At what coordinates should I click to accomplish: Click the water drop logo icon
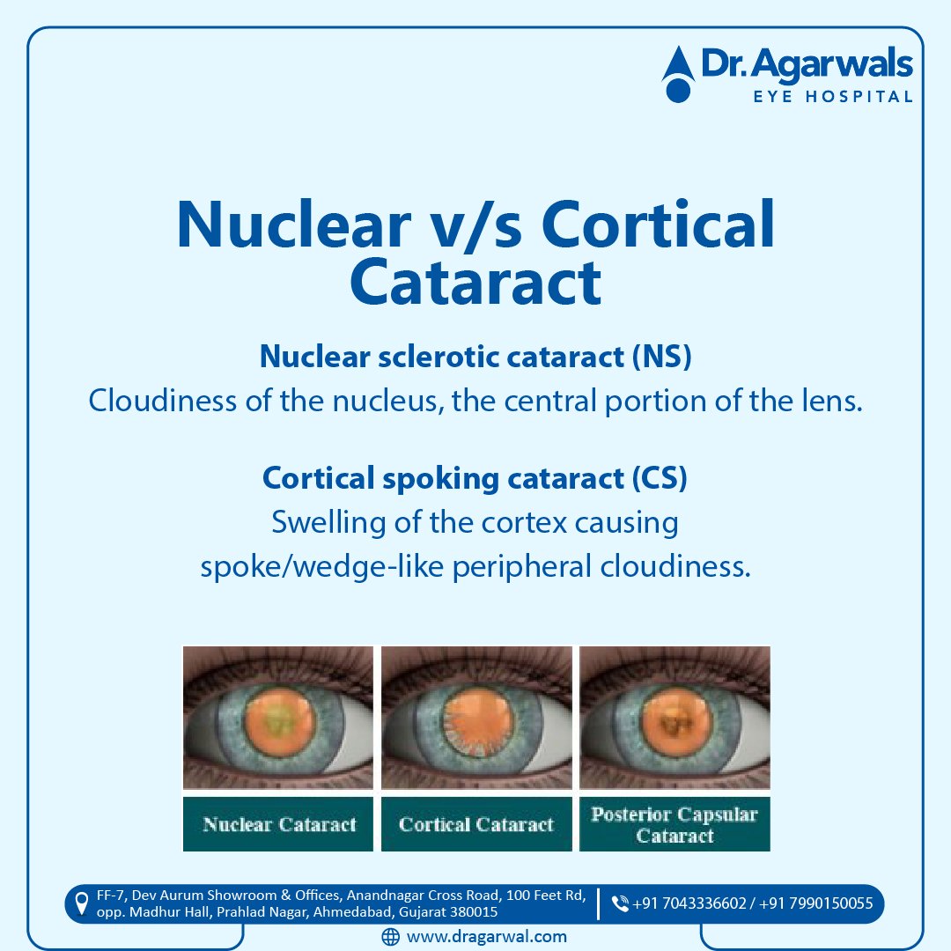pos(678,74)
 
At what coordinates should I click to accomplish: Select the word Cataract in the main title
pos(475,282)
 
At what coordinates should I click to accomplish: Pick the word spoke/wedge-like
pos(322,566)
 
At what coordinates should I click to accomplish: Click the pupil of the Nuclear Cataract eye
pos(277,714)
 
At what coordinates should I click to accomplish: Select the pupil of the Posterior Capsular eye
pos(675,714)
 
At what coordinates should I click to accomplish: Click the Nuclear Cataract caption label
pos(279,825)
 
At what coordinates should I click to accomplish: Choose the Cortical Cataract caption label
pos(476,825)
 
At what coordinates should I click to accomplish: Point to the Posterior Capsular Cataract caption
pos(675,825)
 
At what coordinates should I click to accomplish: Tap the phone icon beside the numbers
pos(620,903)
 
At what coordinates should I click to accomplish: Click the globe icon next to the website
pos(391,937)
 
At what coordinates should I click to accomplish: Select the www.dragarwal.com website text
pos(486,937)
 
